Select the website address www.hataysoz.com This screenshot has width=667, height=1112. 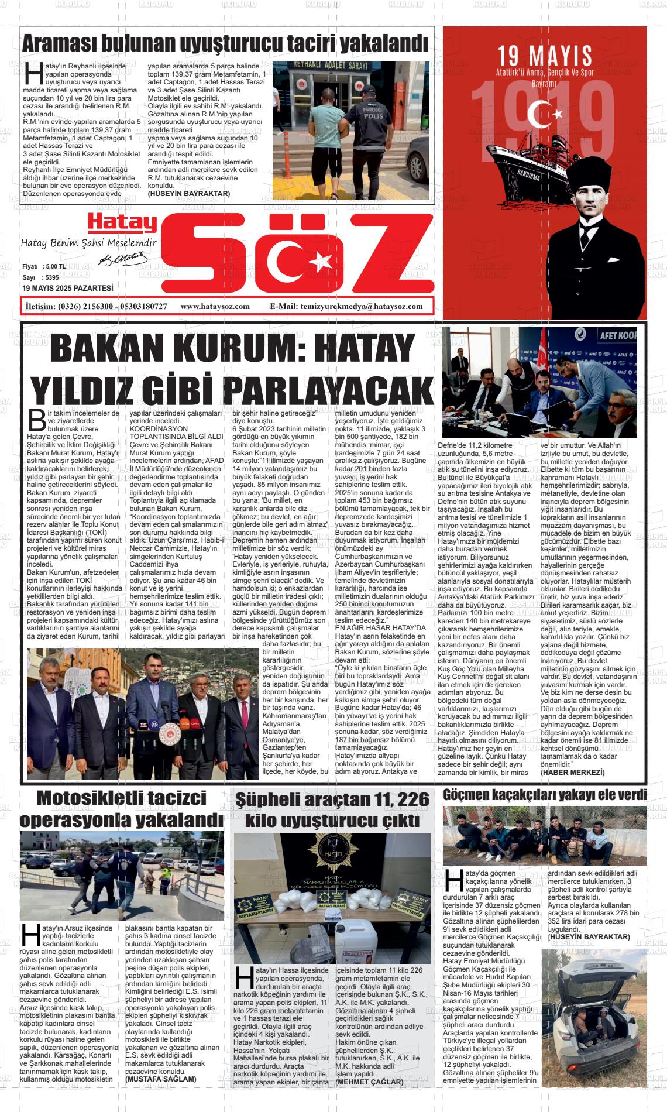click(x=215, y=306)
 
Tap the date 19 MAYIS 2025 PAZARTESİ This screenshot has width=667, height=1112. click(x=68, y=288)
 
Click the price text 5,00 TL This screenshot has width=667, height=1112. click(x=54, y=266)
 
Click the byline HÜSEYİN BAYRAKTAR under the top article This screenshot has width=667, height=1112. click(x=189, y=193)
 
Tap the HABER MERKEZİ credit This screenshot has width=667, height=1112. click(x=572, y=773)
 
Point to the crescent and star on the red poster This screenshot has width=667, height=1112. click(x=543, y=114)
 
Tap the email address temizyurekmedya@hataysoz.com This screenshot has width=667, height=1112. click(x=361, y=306)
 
